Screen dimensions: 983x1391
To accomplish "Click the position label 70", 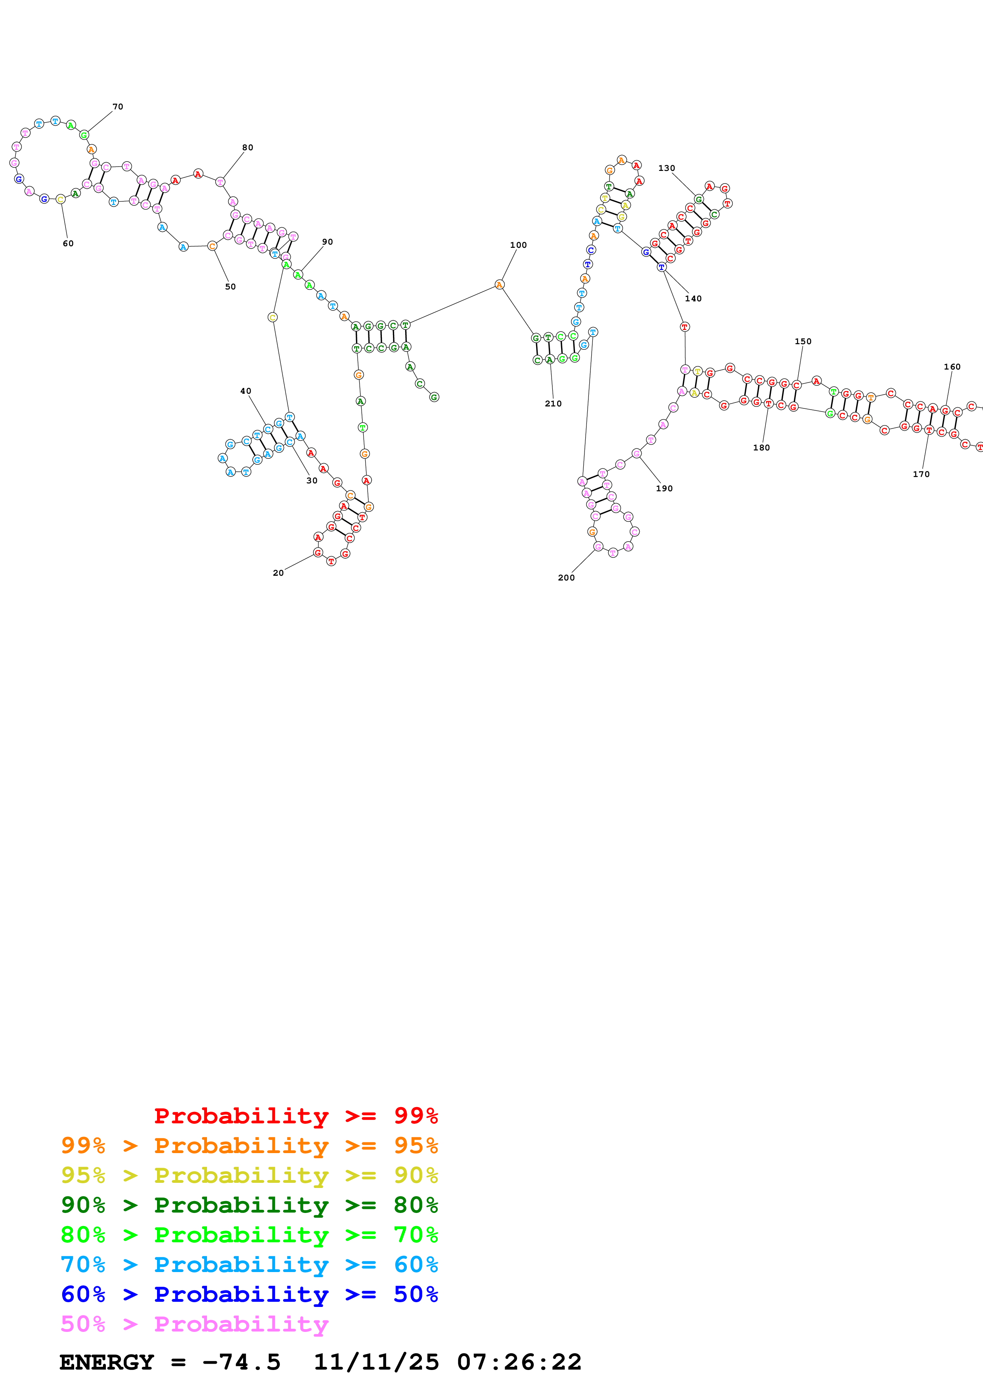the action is (x=117, y=107).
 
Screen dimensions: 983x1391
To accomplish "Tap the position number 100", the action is (x=518, y=245).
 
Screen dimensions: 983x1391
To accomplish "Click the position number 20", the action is (x=278, y=573).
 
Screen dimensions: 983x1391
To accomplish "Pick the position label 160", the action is (x=952, y=367).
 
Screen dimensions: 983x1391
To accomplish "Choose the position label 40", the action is (x=245, y=391).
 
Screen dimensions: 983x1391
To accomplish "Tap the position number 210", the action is (x=553, y=404).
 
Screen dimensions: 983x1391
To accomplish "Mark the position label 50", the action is (x=230, y=287).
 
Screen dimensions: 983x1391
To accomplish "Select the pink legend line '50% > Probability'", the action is (x=194, y=1324).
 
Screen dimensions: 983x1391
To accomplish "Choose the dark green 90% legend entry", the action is (x=249, y=1205).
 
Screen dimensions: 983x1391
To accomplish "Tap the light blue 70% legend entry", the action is (x=249, y=1265).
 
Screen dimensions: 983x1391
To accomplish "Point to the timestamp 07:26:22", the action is (x=519, y=1362).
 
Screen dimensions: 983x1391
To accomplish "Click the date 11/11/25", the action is (x=376, y=1362).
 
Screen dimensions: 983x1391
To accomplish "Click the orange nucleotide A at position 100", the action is (x=499, y=285).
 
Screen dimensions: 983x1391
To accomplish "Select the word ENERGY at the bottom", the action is (x=107, y=1362).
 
